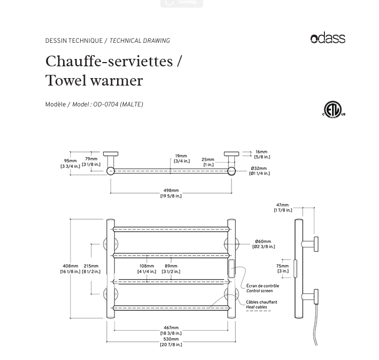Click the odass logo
328,39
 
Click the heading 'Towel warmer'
94,81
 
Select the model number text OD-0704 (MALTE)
118,105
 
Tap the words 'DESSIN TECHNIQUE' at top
74,41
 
